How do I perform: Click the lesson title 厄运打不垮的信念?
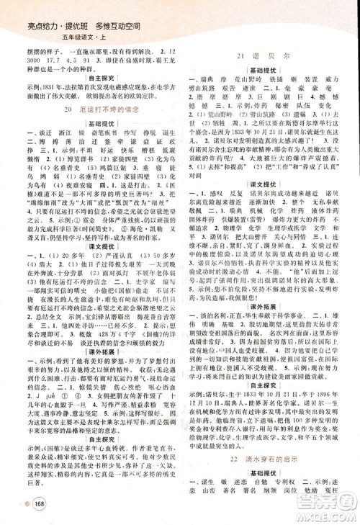(x=98, y=109)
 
